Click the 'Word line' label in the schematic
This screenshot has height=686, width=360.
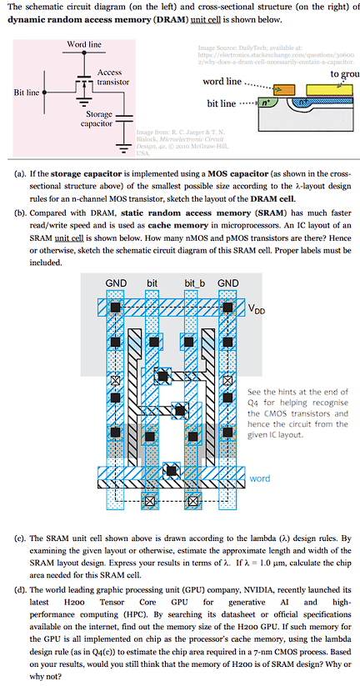click(83, 43)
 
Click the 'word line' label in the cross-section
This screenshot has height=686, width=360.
click(222, 83)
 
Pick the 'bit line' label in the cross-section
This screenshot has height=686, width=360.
click(221, 103)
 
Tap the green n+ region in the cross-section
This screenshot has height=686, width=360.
click(266, 104)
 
